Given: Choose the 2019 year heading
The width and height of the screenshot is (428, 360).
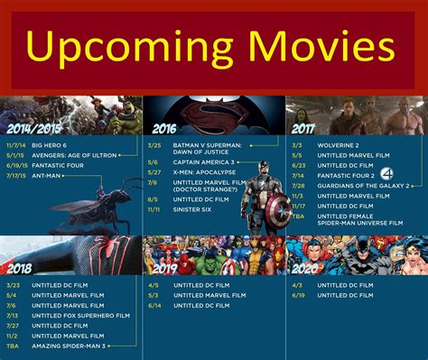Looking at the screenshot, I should (x=164, y=268).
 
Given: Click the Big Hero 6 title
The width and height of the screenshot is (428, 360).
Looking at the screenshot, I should (x=50, y=143).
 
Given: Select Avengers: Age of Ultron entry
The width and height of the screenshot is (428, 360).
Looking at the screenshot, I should (x=74, y=154).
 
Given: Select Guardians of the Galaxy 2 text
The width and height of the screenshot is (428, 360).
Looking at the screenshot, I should (x=358, y=185).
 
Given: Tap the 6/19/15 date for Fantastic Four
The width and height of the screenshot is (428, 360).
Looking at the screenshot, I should (x=15, y=165).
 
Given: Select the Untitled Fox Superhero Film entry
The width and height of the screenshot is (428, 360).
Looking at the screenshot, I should (x=81, y=316).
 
